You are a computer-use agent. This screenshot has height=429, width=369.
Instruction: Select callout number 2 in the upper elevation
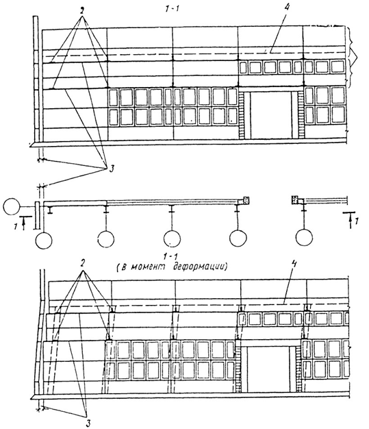[82, 12]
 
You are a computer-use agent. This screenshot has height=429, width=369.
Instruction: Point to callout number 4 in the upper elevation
[286, 8]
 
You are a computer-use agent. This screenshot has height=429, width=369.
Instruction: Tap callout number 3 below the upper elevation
[111, 169]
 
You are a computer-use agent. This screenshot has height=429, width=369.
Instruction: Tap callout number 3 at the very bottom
[88, 424]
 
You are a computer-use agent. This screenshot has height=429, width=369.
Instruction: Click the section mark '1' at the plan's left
[16, 226]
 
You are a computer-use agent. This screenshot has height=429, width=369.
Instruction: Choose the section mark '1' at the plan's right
[357, 220]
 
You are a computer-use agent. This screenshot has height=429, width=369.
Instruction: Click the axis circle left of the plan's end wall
[12, 206]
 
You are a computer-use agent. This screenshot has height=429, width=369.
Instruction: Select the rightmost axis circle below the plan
[304, 238]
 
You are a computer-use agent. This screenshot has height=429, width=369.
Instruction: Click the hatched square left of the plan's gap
[246, 200]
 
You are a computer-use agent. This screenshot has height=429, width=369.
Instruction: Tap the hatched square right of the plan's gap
[294, 199]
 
